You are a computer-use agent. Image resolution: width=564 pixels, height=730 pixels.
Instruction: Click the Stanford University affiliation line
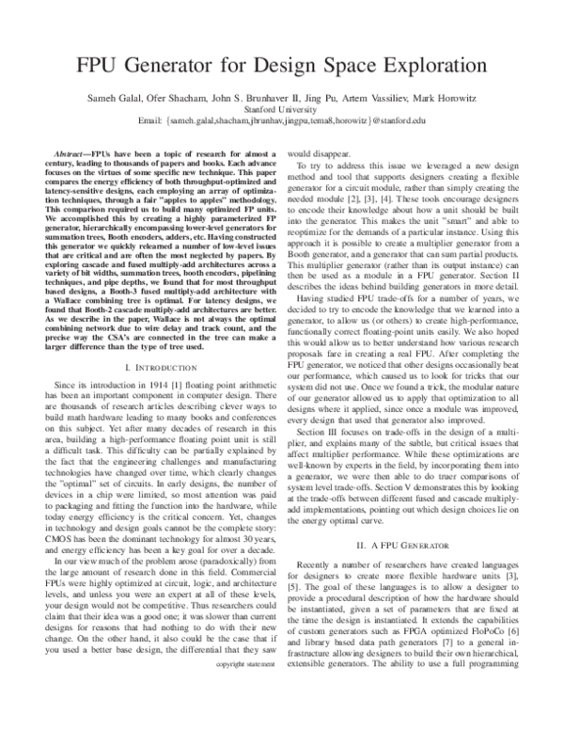281,109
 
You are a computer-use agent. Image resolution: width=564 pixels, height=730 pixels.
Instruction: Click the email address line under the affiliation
281,120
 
